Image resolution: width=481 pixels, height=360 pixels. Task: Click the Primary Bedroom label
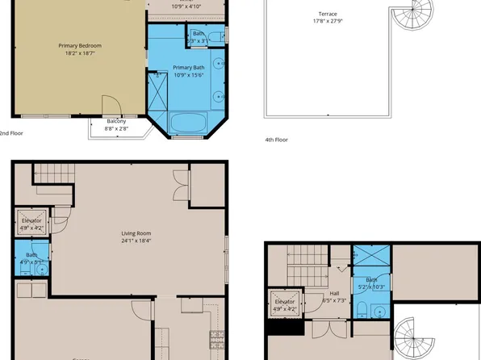79,46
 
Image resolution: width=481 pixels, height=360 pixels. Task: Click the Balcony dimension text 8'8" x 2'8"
116,128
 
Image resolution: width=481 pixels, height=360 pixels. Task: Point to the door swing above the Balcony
111,106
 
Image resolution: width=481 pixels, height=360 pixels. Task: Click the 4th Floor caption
276,140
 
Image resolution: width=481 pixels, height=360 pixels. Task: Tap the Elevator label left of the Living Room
31,220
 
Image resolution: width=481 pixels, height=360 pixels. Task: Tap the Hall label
334,293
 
